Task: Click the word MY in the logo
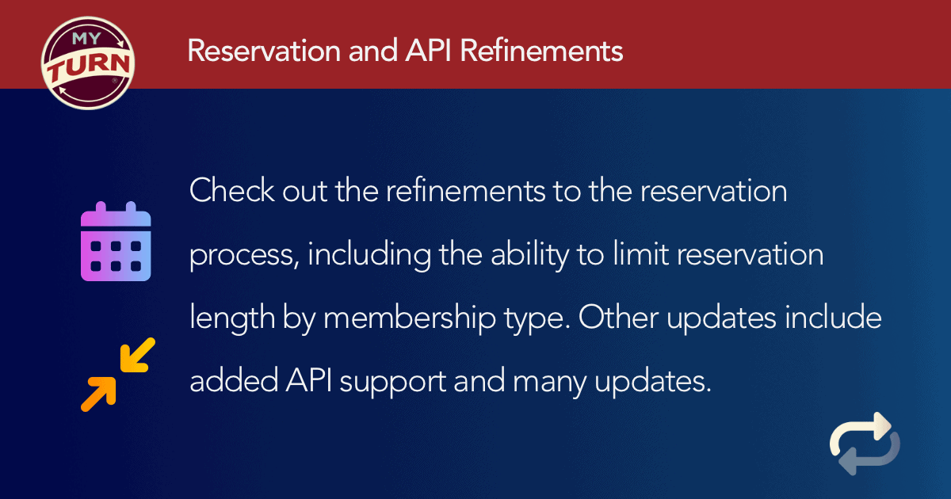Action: coord(86,38)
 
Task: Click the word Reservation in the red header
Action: coord(264,51)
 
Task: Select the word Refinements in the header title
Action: coord(541,51)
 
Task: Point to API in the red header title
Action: coord(428,51)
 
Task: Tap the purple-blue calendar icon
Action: coord(116,241)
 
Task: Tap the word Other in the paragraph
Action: coord(618,317)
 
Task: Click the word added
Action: coord(234,380)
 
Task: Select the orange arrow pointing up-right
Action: coord(98,394)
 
